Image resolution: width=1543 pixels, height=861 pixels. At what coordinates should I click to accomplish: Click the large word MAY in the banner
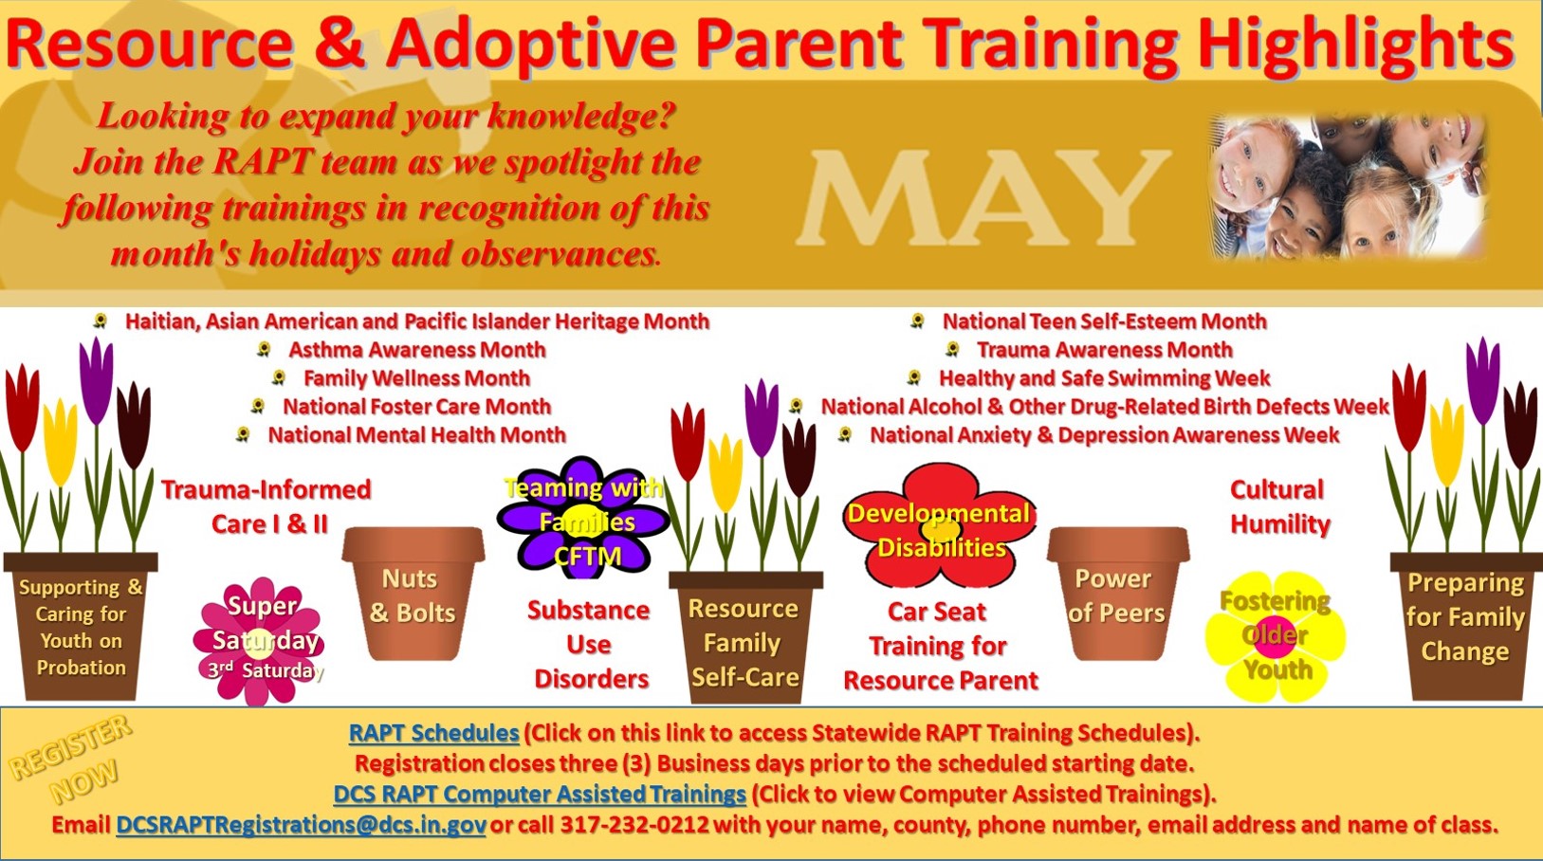point(983,199)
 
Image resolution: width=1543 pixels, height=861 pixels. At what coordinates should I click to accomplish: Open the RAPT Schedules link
point(434,732)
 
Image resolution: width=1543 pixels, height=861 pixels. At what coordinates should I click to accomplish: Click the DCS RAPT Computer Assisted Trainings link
point(540,795)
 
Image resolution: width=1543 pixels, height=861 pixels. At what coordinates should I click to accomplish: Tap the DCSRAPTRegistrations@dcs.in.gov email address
point(301,825)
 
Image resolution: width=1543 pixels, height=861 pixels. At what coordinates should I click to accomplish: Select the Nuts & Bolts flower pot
point(413,594)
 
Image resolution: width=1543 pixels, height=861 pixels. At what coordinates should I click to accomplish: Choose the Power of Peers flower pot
point(1118,594)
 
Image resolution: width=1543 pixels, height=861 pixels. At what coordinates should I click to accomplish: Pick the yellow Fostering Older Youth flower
point(1275,636)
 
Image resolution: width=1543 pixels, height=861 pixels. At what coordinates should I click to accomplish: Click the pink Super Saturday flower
point(259,641)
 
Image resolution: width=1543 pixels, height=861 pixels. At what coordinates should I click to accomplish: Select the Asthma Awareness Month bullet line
point(416,350)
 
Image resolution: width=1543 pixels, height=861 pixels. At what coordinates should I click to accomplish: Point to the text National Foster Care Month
point(416,407)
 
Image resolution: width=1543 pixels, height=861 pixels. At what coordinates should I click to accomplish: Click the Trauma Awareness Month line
point(1104,350)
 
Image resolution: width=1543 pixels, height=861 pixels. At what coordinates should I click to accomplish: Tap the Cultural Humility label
point(1279,507)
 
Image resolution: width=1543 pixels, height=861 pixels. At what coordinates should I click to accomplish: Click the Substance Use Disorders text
point(590,645)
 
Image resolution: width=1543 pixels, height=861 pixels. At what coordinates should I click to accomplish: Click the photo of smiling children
point(1347,188)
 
